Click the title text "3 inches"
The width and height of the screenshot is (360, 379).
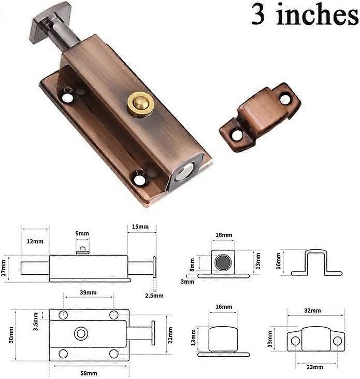coord(305,16)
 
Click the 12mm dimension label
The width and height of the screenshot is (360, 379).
coord(35,242)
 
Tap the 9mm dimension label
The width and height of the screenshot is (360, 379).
coord(82,234)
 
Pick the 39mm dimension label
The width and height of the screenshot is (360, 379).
coord(88,293)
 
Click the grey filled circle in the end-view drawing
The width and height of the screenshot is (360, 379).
coord(223,263)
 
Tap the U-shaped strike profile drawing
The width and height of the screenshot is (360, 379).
coord(316,262)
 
